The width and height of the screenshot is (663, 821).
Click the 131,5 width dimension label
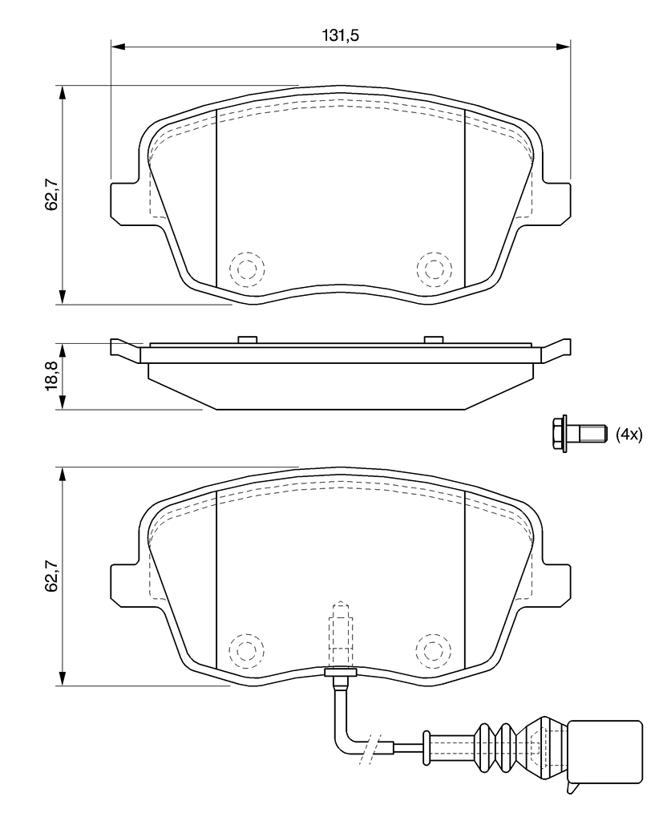click(x=341, y=35)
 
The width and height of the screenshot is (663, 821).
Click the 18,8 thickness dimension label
click(x=51, y=375)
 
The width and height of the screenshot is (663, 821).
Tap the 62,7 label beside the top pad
click(x=51, y=194)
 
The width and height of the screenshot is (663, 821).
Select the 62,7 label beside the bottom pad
click(x=51, y=576)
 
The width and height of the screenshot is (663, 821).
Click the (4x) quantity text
click(x=629, y=434)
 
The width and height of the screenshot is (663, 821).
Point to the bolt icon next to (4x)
click(x=580, y=434)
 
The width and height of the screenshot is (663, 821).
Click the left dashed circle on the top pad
click(x=247, y=269)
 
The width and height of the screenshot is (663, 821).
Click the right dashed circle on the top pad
click(x=435, y=269)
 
